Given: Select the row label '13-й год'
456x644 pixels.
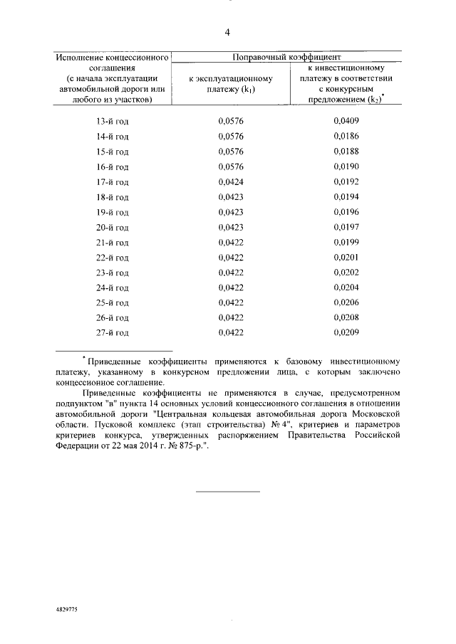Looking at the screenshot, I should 113,121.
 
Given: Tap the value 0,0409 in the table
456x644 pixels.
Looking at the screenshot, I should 347,121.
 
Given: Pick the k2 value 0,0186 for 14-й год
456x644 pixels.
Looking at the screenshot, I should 347,136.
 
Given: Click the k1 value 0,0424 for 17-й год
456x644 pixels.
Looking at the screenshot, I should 231,181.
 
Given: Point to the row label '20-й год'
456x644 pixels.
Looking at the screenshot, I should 113,228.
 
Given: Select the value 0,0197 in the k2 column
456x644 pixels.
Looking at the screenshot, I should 347,227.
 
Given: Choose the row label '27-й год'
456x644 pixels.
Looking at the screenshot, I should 113,333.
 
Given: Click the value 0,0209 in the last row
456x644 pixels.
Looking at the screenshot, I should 347,332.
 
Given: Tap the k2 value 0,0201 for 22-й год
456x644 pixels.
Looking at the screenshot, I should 347,258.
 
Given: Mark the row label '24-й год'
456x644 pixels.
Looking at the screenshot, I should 113,288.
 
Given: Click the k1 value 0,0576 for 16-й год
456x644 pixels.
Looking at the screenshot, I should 231,167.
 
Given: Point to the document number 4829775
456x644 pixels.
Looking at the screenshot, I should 68,611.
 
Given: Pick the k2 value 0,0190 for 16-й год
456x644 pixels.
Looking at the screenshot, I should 347,167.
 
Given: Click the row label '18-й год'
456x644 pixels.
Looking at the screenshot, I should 113,197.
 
